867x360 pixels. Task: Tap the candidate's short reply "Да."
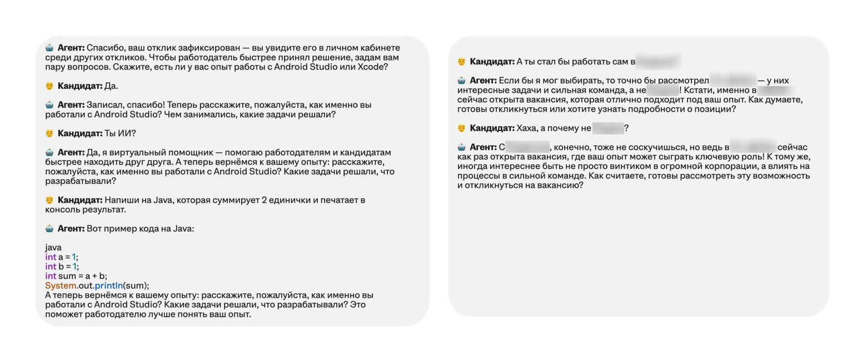[111, 86]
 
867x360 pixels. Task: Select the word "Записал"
[102, 105]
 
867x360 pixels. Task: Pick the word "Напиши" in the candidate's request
[118, 200]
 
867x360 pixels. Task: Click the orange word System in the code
[61, 286]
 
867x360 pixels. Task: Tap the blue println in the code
[108, 286]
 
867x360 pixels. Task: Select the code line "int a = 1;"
[62, 257]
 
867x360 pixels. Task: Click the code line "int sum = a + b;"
[76, 276]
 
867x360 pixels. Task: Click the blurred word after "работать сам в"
[658, 62]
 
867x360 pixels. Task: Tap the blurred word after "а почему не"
[608, 128]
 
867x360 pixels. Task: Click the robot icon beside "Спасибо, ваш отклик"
[49, 48]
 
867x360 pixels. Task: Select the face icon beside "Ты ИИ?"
[49, 134]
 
